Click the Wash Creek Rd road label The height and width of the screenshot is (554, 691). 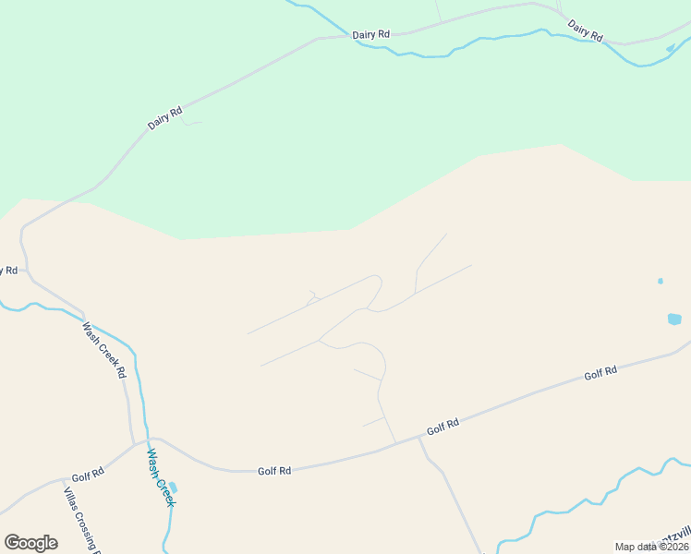tap(103, 350)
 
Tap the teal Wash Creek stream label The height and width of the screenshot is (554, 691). tap(160, 477)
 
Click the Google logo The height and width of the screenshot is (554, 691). tap(30, 542)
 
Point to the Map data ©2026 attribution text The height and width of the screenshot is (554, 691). tap(651, 547)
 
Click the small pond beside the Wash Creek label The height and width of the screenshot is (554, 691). tap(173, 487)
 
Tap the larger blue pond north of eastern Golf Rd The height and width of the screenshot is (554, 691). tap(674, 319)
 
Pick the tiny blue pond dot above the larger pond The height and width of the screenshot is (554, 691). tap(660, 281)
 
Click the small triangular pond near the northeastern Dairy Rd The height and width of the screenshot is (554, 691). tap(671, 48)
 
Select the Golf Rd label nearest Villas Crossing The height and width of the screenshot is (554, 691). tap(88, 475)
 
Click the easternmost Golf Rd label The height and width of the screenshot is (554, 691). tap(600, 373)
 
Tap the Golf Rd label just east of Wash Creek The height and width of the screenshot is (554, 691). tap(274, 471)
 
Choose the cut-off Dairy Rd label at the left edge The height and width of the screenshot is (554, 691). tap(8, 271)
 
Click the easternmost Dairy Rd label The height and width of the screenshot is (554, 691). tap(585, 30)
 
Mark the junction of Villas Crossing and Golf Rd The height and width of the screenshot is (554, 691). tap(64, 480)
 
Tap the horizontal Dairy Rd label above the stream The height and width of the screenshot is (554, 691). tap(371, 34)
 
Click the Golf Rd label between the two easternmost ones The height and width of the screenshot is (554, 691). tap(442, 427)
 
